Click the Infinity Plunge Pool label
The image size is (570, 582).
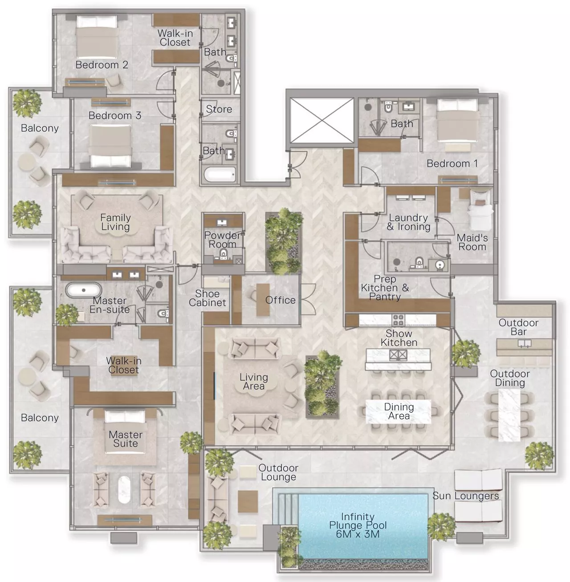point(358,525)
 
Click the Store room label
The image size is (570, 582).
point(219,109)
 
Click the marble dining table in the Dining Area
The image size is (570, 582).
point(398,411)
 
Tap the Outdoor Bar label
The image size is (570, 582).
point(518,327)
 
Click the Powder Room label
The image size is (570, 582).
point(222,240)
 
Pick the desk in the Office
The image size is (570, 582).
point(263,300)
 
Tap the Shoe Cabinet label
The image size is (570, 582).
point(207,298)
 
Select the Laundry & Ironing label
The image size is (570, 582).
point(408,222)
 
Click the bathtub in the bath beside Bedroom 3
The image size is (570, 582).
point(220,174)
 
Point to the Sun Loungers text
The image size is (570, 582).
point(465,496)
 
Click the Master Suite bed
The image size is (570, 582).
point(125,430)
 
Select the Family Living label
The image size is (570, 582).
point(115,222)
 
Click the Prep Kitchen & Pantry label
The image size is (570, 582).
point(384,288)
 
